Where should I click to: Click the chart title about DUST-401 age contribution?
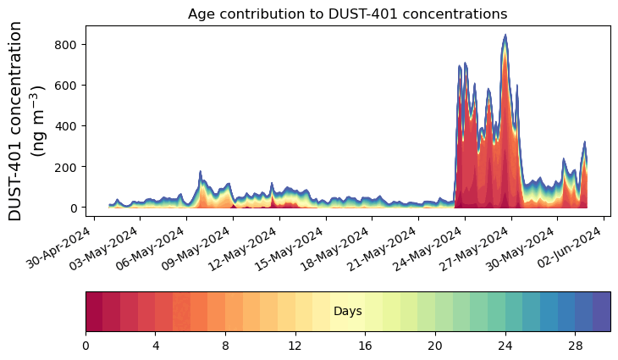(x=347, y=14)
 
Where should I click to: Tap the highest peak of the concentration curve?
(x=505, y=36)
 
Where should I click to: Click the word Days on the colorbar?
(x=347, y=312)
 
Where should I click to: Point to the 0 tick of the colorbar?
(x=86, y=346)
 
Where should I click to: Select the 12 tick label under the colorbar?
(x=295, y=346)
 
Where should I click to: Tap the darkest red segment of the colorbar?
(x=94, y=311)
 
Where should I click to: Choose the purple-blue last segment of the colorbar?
(x=601, y=311)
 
